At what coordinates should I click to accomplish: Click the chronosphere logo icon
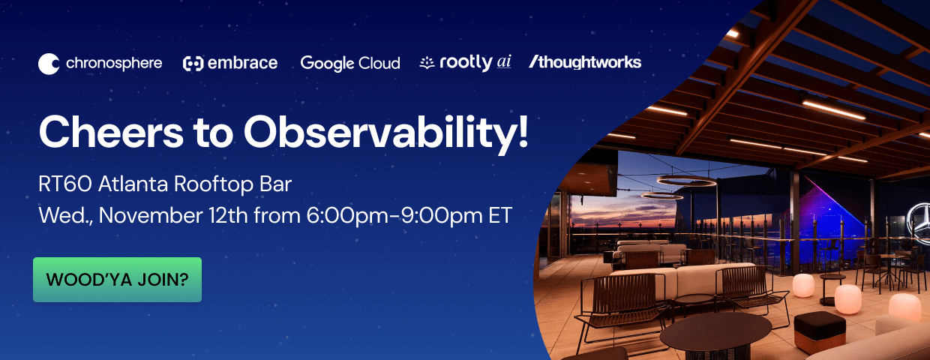coord(49,64)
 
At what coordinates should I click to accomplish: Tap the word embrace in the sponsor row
coord(241,63)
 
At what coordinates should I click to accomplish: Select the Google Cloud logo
coord(350,63)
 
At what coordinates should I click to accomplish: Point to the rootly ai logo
coord(466,63)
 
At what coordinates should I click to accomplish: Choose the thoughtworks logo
coord(585,62)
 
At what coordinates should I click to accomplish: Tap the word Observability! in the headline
coord(386,133)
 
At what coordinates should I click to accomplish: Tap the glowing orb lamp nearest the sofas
coord(803,285)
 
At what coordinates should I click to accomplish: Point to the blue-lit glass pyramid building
coord(832,202)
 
